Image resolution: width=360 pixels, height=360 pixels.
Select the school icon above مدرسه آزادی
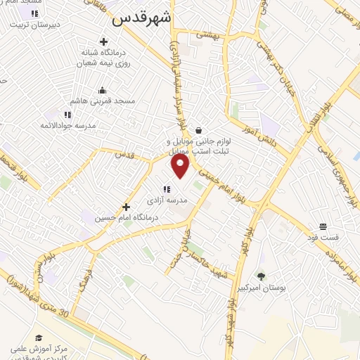pos(167,188)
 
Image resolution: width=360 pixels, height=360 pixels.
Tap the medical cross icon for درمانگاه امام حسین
pos(126,207)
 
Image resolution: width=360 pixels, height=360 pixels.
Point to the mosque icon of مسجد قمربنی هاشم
pos(103,90)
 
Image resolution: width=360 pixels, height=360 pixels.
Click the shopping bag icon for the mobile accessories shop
pos(199,130)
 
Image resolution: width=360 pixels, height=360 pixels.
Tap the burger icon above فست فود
pos(323,226)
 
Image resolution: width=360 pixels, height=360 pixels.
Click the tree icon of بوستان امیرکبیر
pos(261,277)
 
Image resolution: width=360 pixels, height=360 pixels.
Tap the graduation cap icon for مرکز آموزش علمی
pos(39,339)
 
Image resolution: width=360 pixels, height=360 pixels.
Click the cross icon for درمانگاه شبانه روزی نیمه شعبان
pos(104,42)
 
